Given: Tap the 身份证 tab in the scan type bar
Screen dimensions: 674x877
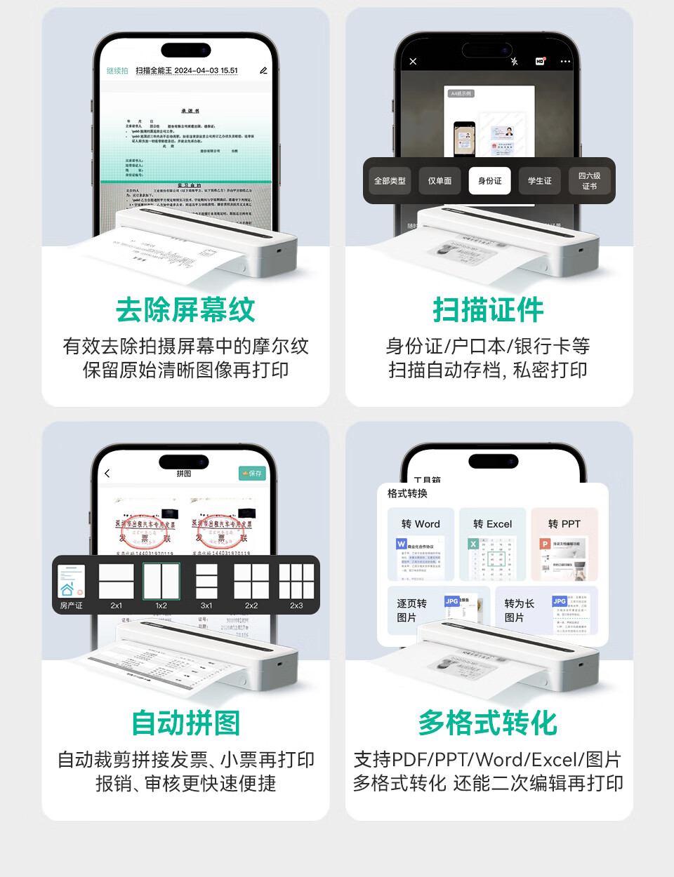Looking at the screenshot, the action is tap(489, 181).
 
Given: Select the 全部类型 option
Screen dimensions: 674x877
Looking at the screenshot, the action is tap(390, 181).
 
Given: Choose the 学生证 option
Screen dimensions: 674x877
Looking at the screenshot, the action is tap(539, 181).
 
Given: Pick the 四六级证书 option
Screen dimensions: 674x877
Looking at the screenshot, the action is tap(589, 181).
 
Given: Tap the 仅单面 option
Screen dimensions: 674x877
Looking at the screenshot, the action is tap(440, 181).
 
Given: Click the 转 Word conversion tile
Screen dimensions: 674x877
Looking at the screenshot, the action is tap(421, 544).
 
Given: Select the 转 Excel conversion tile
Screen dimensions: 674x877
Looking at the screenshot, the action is tap(492, 544).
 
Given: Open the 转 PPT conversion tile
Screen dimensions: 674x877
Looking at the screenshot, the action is tap(564, 544).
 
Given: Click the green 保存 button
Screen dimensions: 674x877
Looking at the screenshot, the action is tap(252, 474).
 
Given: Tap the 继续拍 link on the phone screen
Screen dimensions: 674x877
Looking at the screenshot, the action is tap(117, 71).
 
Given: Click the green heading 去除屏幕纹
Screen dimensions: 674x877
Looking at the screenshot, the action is tap(185, 309).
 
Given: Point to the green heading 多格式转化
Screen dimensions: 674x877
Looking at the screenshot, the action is tap(488, 723).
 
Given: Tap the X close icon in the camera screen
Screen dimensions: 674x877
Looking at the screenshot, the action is tap(413, 62).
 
